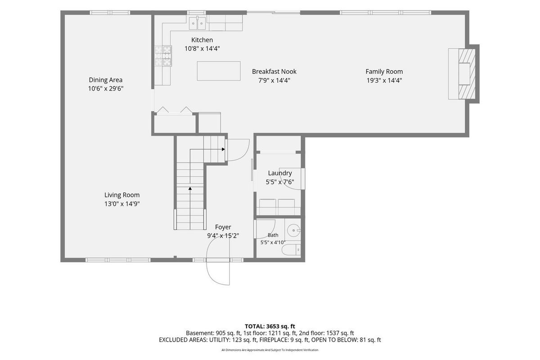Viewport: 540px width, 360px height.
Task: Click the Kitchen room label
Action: click(202, 40)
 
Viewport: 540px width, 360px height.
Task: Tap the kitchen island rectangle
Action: click(219, 71)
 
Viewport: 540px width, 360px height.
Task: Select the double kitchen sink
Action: click(198, 23)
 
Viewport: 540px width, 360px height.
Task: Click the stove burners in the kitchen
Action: click(163, 56)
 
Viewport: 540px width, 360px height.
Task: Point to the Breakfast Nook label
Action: click(274, 72)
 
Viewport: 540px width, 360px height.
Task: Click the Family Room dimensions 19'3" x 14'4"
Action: click(384, 80)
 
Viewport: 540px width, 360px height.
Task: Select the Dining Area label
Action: click(106, 80)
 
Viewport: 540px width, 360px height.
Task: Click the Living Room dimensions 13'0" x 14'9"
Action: click(122, 204)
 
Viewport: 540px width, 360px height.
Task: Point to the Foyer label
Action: click(223, 227)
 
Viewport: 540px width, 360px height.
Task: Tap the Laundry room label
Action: click(280, 173)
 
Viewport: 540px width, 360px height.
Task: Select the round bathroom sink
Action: click(293, 230)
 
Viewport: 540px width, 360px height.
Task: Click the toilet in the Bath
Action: click(291, 250)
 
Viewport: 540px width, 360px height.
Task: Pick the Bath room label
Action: click(273, 235)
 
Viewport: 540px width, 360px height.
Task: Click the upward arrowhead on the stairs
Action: click(190, 188)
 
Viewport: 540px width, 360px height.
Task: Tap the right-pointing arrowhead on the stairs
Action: click(223, 149)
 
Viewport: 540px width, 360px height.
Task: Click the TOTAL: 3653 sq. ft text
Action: click(270, 327)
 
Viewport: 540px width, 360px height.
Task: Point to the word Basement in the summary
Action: click(200, 333)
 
